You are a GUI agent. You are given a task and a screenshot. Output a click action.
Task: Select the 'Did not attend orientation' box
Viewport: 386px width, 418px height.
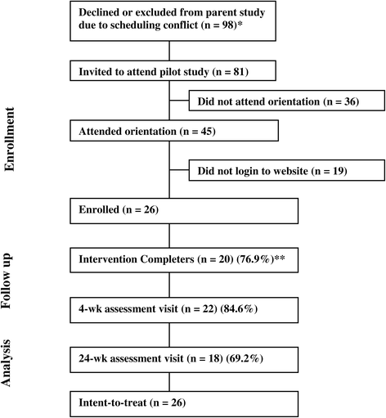(x=285, y=101)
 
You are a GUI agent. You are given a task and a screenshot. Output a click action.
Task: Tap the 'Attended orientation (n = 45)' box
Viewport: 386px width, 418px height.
(x=175, y=131)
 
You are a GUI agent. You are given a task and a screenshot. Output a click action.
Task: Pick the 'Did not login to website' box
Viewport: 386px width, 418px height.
(x=285, y=172)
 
